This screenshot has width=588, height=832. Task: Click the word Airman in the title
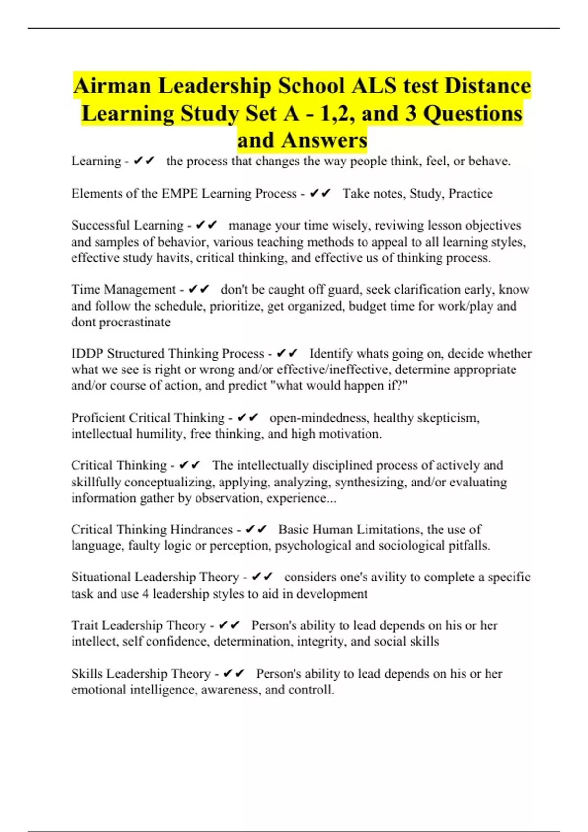tap(112, 86)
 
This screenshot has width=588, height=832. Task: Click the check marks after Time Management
tap(199, 290)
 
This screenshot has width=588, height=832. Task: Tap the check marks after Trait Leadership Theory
tap(229, 625)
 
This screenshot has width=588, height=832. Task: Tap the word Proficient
tap(98, 418)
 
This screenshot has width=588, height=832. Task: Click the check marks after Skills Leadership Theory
tap(234, 674)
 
